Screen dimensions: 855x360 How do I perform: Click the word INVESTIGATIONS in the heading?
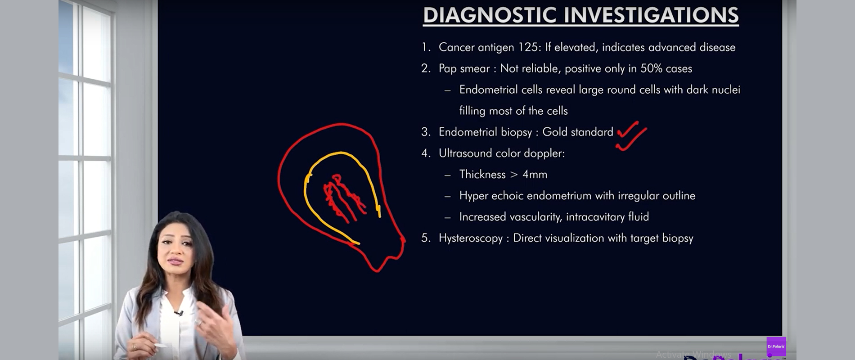(x=651, y=15)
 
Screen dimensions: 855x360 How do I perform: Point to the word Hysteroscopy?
(x=471, y=238)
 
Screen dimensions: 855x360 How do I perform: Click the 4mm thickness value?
(x=535, y=175)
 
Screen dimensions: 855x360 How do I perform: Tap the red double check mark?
(x=631, y=135)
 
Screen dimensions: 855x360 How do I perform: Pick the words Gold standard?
(x=578, y=132)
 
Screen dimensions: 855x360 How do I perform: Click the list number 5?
(x=425, y=238)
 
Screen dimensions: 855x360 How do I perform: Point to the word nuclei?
(x=726, y=90)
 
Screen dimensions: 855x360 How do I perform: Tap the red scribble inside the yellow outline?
(x=344, y=198)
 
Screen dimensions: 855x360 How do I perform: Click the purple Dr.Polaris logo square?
(x=776, y=346)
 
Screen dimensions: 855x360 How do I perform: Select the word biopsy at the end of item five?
(x=677, y=238)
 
